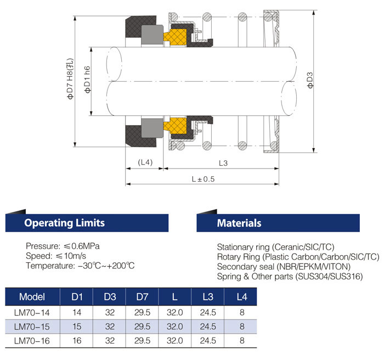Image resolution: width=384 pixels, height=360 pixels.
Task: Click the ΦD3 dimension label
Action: pos(310,80)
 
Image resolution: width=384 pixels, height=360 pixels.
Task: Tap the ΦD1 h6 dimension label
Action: pos(87,80)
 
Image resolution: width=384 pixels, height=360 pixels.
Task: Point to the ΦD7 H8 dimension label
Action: pos(70,78)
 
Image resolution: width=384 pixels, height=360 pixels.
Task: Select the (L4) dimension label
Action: pos(145,162)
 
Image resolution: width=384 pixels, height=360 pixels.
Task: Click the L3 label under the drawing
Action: pos(223,163)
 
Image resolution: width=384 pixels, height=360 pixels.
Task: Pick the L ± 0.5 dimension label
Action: pos(203,179)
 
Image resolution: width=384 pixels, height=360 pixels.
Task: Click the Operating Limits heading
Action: pos(64,223)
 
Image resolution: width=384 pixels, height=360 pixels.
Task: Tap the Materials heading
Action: pos(239,223)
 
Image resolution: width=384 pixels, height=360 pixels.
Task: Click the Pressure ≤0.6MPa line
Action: pos(63,246)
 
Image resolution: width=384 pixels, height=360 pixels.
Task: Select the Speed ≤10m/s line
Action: pos(56,256)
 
